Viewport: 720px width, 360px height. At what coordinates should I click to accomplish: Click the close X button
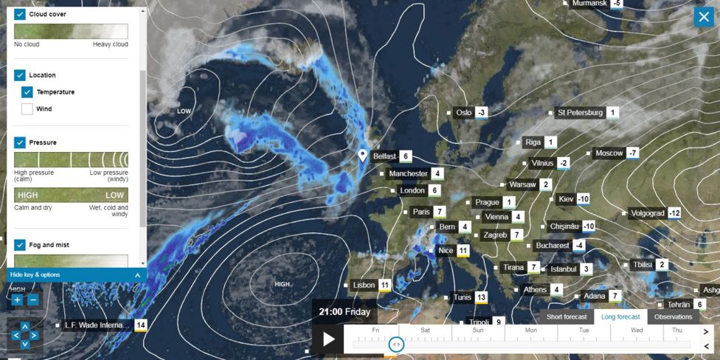click(703, 16)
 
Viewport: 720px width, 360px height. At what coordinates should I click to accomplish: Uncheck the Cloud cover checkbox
click(20, 14)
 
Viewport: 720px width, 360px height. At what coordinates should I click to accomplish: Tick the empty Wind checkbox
click(27, 109)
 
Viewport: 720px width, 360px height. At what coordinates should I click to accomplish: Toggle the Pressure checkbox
click(20, 142)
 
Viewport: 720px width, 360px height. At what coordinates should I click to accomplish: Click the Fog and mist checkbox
click(20, 245)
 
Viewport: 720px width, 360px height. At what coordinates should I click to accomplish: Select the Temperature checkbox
click(27, 92)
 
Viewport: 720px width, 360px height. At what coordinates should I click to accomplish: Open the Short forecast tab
click(567, 317)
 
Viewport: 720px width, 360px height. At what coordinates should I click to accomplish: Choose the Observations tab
click(673, 317)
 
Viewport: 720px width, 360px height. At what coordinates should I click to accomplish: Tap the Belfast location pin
click(362, 156)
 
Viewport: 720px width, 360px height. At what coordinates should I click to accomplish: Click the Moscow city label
click(609, 153)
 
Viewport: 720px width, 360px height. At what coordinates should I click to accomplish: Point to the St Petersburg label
click(581, 113)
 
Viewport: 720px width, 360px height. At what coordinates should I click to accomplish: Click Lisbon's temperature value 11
click(384, 285)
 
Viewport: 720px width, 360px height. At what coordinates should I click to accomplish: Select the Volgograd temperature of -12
click(674, 213)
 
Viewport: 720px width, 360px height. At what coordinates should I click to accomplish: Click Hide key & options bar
click(74, 275)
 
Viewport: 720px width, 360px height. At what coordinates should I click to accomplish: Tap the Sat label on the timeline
click(425, 330)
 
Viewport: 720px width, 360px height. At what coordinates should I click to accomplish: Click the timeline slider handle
click(396, 344)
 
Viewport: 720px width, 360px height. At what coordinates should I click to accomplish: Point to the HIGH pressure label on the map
click(283, 284)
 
